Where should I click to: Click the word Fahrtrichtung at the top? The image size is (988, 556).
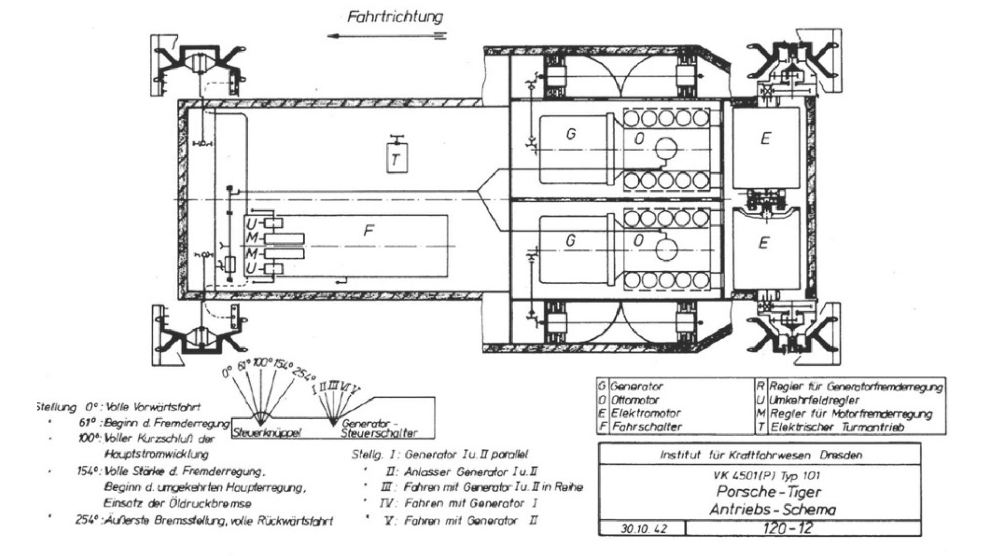click(395, 16)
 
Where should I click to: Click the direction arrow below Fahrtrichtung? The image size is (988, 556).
click(386, 36)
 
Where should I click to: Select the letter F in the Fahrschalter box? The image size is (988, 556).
click(368, 231)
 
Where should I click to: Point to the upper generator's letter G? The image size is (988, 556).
click(570, 134)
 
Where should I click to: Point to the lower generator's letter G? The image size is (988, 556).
click(570, 240)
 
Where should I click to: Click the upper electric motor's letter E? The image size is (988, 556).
click(765, 138)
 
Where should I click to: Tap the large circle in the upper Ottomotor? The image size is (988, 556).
click(667, 149)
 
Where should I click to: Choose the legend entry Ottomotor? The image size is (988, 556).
click(635, 400)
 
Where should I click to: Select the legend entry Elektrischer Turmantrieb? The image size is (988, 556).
click(837, 427)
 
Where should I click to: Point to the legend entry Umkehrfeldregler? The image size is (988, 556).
click(814, 400)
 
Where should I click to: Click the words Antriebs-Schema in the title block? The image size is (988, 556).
click(772, 510)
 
